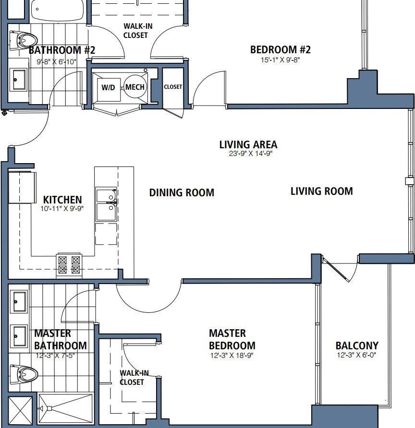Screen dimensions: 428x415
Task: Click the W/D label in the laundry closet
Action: pos(107,87)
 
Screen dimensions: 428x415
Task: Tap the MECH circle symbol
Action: pos(135,87)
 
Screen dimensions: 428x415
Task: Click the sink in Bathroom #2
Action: pos(20,79)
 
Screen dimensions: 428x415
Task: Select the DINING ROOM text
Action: pos(182,193)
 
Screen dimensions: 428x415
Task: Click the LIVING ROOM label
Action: pos(321,191)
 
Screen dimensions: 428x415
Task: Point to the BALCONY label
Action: pos(356,345)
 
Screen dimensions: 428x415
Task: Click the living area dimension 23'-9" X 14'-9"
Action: pos(248,154)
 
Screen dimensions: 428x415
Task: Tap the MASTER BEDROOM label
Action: pos(232,339)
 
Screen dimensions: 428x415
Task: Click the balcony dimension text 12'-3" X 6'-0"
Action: pos(356,356)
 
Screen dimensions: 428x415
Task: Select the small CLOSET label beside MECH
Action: pos(173,87)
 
